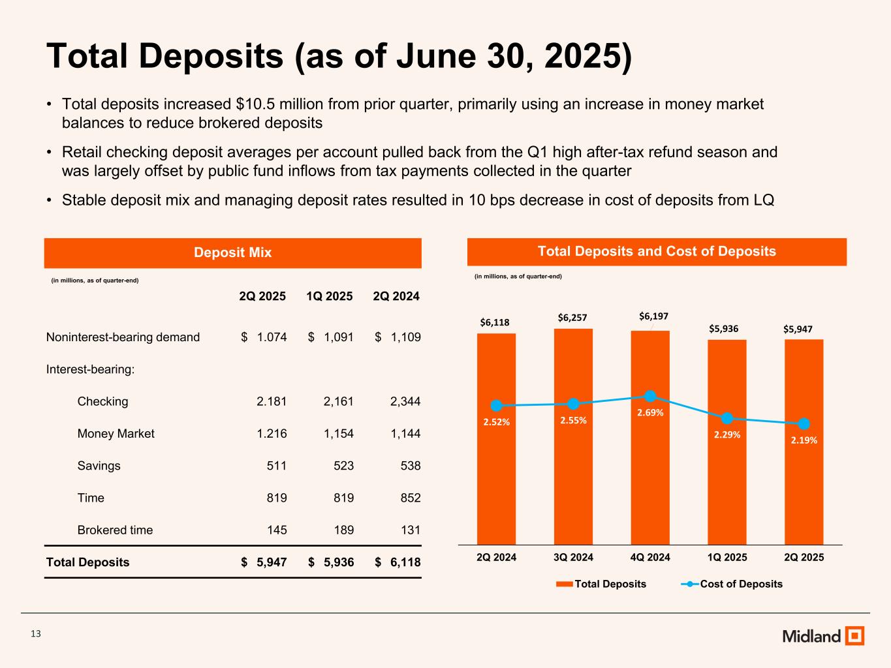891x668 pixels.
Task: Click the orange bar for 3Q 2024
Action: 573,470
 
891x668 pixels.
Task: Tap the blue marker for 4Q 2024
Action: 650,396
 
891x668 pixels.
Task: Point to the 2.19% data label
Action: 804,440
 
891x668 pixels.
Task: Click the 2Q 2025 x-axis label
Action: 804,557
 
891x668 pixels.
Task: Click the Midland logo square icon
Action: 854,636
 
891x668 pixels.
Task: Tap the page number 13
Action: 36,634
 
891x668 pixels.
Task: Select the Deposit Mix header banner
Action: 232,252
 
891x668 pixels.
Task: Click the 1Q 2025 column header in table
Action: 329,296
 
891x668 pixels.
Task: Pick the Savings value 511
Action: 277,466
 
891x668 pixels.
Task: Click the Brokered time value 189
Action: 343,530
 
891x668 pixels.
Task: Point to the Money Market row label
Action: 116,434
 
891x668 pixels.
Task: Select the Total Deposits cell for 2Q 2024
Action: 398,562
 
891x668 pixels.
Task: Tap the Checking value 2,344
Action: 405,402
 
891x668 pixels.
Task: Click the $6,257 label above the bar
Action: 572,318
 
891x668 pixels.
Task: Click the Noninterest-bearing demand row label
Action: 123,337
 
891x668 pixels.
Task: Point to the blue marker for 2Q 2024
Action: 496,406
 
